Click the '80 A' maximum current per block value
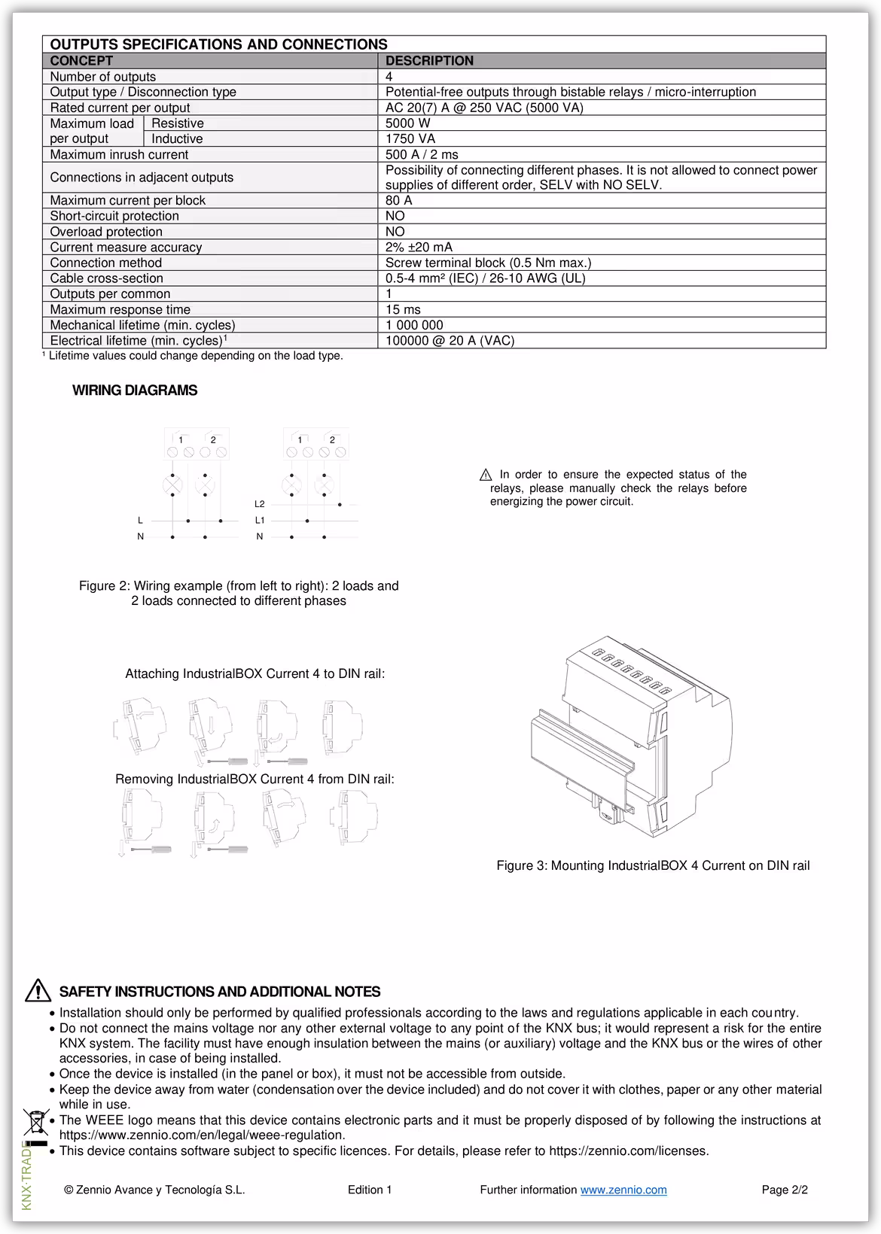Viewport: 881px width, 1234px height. pos(398,200)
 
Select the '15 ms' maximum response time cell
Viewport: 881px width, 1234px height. pos(403,309)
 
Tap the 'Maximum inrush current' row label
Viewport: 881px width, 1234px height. pos(119,154)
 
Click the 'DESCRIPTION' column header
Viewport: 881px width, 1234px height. pos(429,61)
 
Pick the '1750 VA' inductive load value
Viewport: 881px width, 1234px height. pos(410,138)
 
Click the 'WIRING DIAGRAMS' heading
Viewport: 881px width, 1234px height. pos(135,391)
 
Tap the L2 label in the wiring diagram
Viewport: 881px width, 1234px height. pos(260,504)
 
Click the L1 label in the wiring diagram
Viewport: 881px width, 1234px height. pos(260,520)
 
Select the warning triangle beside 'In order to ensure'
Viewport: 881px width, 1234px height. pos(486,475)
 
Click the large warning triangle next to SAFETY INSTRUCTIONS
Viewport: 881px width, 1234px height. pos(38,991)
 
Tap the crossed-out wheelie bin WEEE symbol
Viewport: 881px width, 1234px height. pos(35,1122)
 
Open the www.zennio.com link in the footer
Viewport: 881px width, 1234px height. pos(623,1190)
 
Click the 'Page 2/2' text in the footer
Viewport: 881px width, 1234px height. pos(785,1190)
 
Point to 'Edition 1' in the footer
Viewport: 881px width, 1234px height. pos(370,1190)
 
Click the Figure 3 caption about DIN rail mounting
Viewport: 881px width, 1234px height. pos(653,865)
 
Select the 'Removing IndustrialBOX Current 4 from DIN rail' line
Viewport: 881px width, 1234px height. pos(255,779)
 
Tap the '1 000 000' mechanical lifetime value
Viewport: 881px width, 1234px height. pos(414,325)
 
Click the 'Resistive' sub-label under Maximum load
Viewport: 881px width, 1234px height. pos(178,123)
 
